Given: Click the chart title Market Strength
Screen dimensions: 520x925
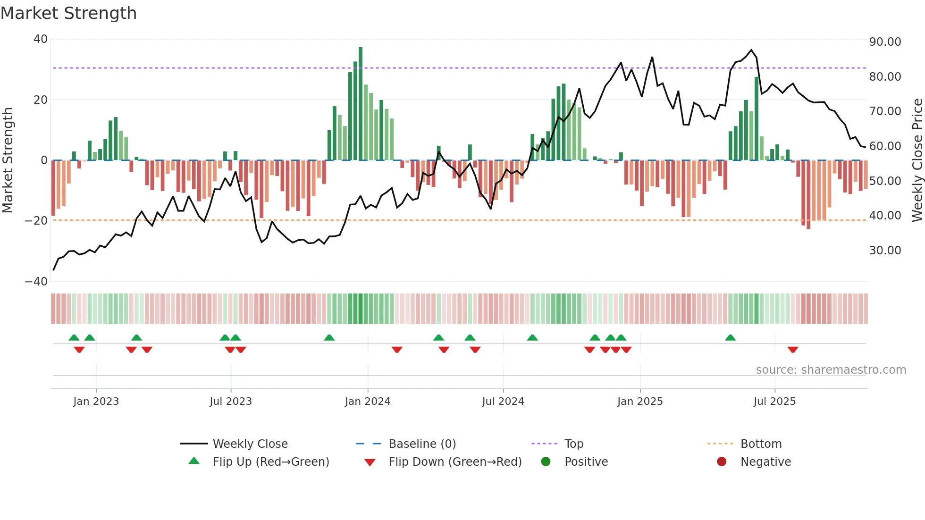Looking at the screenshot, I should (x=68, y=13).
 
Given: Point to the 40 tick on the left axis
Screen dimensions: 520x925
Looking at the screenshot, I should (x=41, y=39).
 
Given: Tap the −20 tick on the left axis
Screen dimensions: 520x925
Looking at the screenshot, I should (x=36, y=221).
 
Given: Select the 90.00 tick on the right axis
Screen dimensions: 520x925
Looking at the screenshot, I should (x=885, y=42).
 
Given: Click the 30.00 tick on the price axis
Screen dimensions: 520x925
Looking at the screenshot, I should (x=885, y=251).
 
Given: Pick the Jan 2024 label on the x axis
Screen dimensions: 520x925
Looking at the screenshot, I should (x=368, y=402).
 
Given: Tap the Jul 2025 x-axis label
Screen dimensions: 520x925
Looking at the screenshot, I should (x=774, y=402).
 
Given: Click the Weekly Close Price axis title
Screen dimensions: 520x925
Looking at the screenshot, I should (x=917, y=160).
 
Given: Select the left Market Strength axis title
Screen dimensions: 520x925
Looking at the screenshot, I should (x=8, y=160).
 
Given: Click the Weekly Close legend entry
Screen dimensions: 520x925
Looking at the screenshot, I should (x=250, y=444).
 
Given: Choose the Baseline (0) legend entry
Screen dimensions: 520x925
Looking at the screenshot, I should (x=422, y=444).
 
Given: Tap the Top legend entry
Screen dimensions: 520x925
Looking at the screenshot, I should (x=573, y=444).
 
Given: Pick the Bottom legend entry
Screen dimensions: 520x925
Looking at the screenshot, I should (x=761, y=444).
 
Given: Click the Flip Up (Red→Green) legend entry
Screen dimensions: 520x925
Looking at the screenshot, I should (x=270, y=462).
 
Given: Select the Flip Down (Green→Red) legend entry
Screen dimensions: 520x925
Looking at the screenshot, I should (x=455, y=462).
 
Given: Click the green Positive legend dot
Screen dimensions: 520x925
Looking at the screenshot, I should (x=546, y=462).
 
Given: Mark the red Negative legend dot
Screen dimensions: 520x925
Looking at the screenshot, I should (x=722, y=462).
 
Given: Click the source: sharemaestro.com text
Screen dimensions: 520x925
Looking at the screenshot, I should (x=831, y=370).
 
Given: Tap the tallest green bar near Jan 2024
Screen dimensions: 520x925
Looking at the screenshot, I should (x=361, y=104).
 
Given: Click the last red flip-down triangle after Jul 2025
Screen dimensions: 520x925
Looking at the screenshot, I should (x=793, y=350).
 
